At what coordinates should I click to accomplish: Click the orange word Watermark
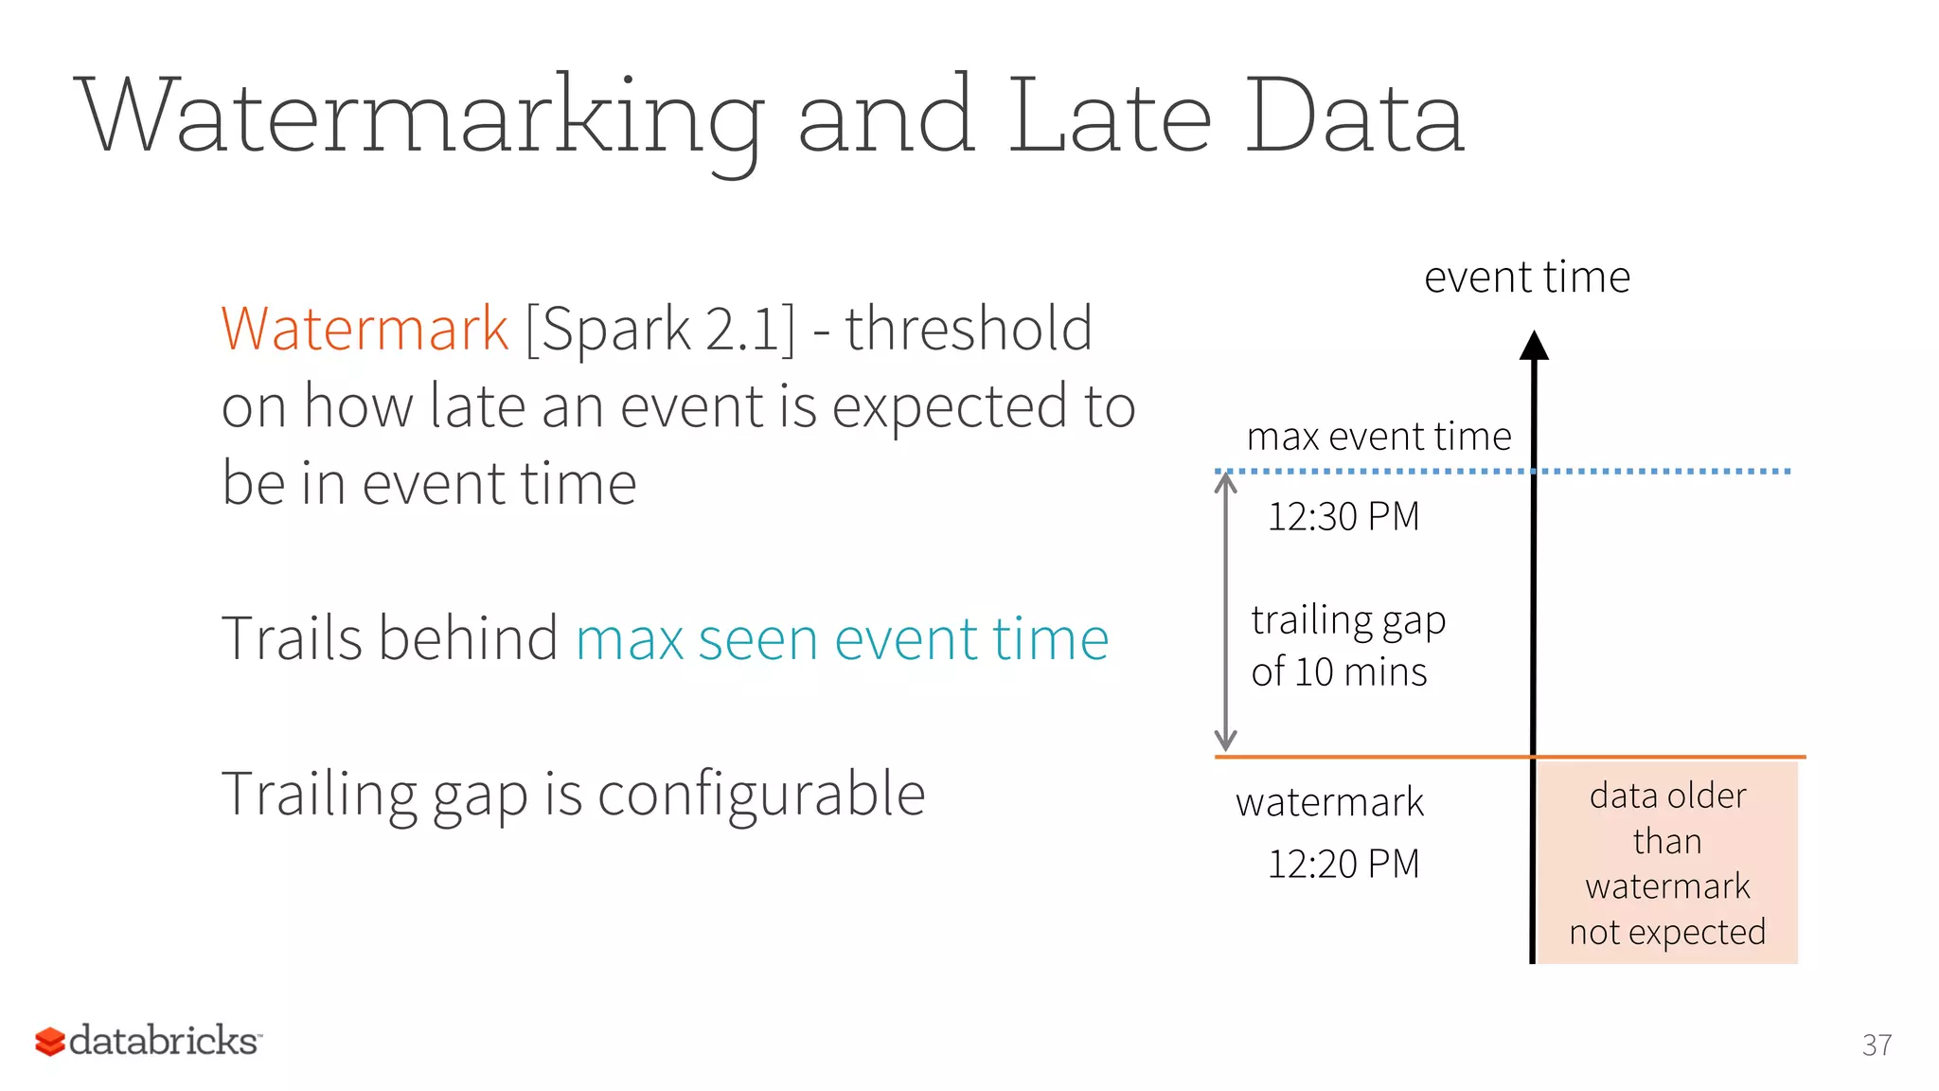(x=365, y=330)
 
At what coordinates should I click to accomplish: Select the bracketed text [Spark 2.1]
(x=660, y=330)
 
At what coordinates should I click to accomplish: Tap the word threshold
(x=969, y=330)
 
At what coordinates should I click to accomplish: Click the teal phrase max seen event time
(x=842, y=638)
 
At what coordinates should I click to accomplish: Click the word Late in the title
(x=1109, y=116)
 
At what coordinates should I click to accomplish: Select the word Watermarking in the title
(x=421, y=116)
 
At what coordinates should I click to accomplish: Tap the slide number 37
(x=1877, y=1045)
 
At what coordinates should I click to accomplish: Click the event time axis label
(x=1526, y=277)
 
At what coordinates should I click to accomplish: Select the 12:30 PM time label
(x=1343, y=517)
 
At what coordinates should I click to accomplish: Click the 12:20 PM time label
(x=1343, y=864)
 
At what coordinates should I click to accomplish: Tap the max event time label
(x=1379, y=437)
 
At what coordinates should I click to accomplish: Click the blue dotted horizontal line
(x=1666, y=471)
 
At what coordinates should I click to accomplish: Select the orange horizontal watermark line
(x=1373, y=757)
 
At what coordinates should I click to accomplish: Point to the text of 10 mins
(x=1338, y=672)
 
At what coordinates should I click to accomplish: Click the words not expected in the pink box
(x=1666, y=933)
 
